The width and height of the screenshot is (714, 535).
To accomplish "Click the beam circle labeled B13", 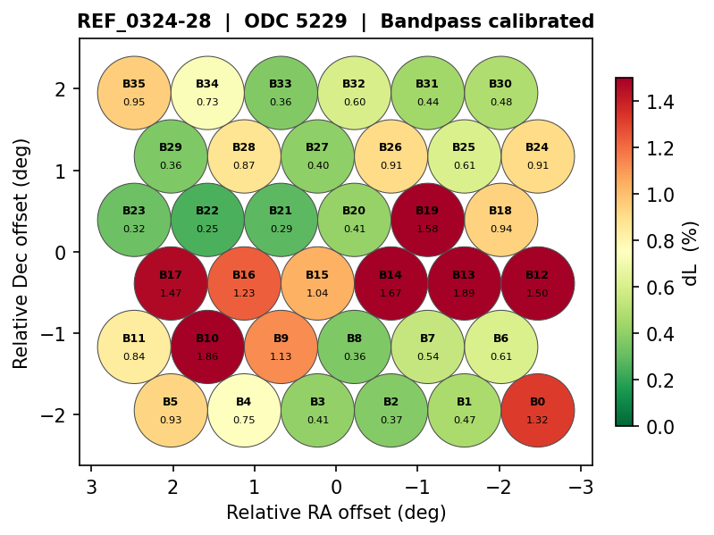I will (x=464, y=283).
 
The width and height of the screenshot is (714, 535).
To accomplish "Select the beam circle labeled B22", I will (x=207, y=219).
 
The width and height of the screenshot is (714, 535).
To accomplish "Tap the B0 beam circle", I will (x=537, y=411).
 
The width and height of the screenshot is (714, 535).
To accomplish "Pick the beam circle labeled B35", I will (x=134, y=93).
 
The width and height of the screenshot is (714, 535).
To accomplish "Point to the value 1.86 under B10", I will (x=207, y=356).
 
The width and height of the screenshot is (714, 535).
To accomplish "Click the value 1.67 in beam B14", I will (x=391, y=292).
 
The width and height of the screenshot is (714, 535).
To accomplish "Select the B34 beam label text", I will (x=207, y=84).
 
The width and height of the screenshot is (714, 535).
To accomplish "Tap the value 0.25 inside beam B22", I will (x=207, y=229).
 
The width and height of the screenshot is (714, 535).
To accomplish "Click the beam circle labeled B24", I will (x=537, y=156).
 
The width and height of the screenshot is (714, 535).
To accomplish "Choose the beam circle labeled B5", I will (x=171, y=411).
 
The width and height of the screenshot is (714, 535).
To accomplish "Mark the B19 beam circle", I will (x=427, y=219).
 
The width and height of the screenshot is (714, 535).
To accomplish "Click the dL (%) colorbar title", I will (x=690, y=253).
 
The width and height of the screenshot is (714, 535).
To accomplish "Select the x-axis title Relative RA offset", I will (x=336, y=513).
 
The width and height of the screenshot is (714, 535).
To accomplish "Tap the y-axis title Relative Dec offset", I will (x=21, y=253).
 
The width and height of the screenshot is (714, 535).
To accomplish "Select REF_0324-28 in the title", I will (x=144, y=21).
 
